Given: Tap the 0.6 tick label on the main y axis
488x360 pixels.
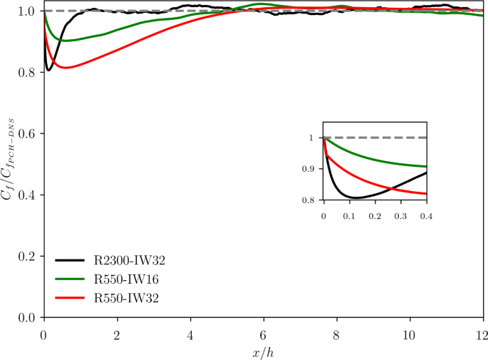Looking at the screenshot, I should point(29,134).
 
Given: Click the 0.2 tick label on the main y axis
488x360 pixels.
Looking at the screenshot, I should point(29,257).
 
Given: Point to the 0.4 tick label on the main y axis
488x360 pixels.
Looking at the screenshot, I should point(29,195).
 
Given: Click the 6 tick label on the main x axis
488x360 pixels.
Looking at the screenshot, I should point(264,334).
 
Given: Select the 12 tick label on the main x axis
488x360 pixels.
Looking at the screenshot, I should point(482,334).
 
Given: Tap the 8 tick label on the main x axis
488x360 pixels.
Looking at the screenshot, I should point(337,334).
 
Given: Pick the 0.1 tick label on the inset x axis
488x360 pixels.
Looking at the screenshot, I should point(349,214).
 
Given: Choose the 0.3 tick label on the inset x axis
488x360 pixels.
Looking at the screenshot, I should point(400,214).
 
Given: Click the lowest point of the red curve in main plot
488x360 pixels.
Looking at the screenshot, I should point(66,68).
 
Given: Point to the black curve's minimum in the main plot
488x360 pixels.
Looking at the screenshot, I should point(48,70).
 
